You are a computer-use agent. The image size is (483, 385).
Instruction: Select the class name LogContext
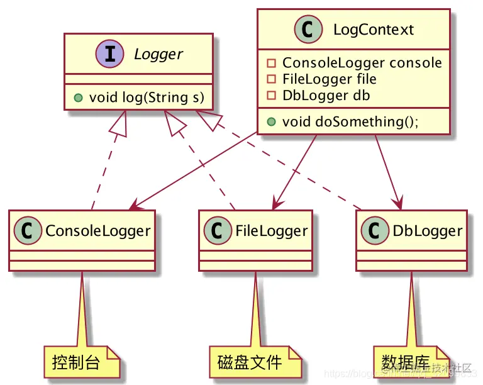click(x=374, y=30)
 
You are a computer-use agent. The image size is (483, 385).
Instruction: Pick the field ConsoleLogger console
click(x=362, y=63)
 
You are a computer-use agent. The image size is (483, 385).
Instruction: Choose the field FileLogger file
click(x=329, y=79)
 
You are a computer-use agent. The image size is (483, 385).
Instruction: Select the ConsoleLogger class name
click(x=97, y=231)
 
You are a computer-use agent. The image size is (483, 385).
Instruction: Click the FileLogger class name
click(x=272, y=231)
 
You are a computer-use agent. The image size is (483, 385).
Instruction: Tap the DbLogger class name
click(x=427, y=231)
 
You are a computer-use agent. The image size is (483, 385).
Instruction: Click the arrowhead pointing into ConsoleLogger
click(x=135, y=208)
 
